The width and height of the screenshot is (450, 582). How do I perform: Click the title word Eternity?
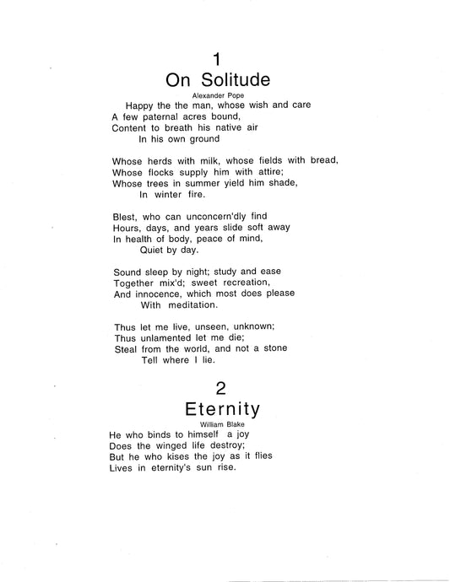pyautogui.click(x=223, y=409)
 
